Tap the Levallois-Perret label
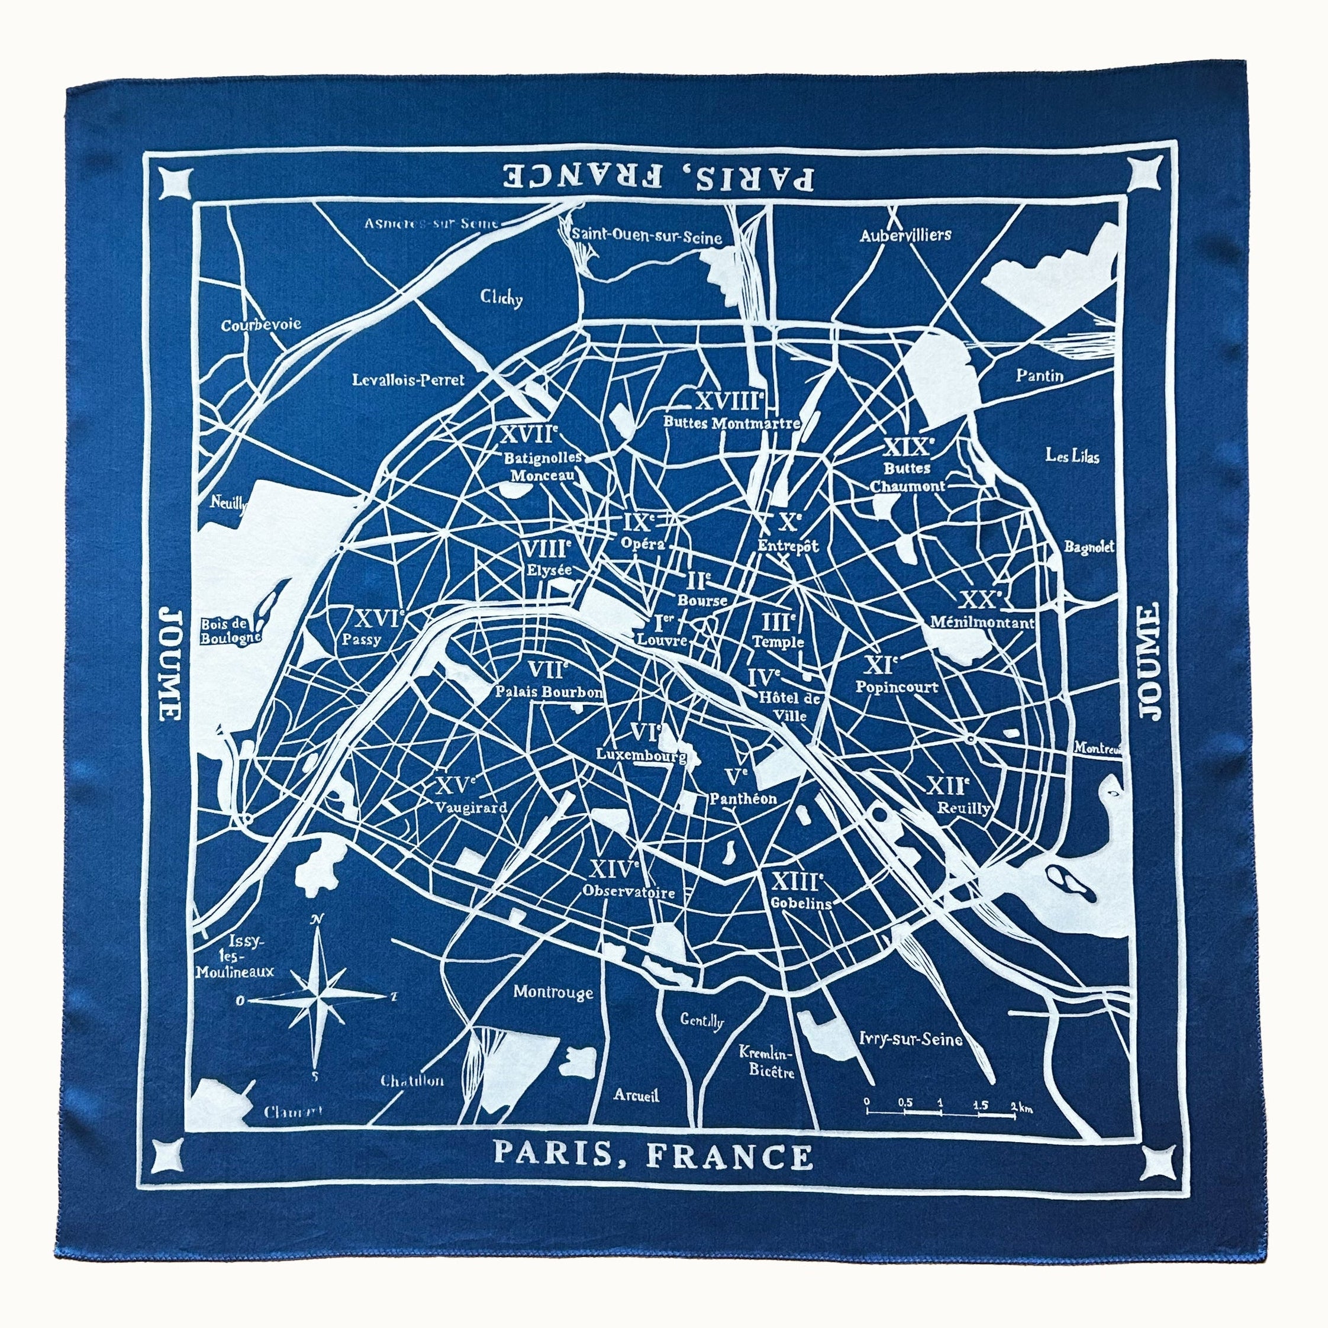click(408, 379)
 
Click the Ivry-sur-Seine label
click(910, 1039)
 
